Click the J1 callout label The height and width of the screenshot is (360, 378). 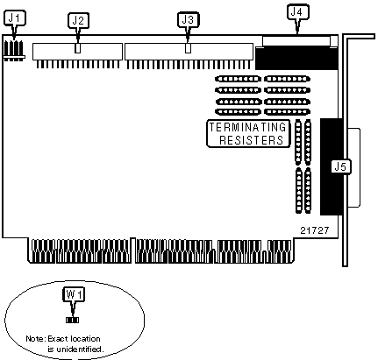coord(15,18)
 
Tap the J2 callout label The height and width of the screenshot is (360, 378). coord(78,20)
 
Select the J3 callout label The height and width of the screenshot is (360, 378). coord(188,20)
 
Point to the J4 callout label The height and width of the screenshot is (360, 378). coord(297,12)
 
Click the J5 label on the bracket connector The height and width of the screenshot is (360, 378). coord(341,167)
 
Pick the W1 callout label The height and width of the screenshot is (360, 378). coord(75,294)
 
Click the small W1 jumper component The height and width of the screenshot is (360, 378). coord(72,321)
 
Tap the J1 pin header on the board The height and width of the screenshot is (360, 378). coord(14,51)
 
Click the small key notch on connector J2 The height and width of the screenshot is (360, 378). coord(77,48)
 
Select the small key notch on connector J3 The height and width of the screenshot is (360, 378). coord(189,48)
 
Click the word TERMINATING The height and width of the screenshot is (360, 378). coord(247,127)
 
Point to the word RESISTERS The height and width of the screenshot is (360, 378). coord(252,140)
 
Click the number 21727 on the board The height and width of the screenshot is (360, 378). coord(315,230)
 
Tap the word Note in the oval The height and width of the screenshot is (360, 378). coord(35,339)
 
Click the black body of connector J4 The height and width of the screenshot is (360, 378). coord(296,58)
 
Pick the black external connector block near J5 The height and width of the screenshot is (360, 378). coord(332,166)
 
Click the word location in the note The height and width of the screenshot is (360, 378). coord(85,339)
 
